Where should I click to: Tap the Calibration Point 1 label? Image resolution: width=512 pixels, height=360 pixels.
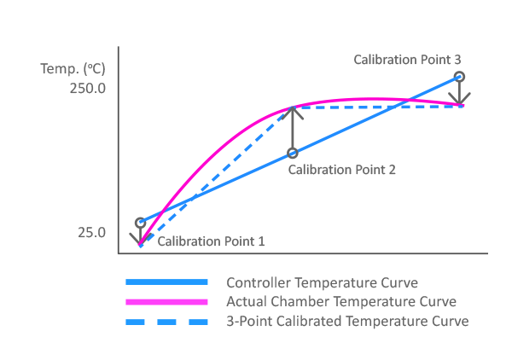coord(212,241)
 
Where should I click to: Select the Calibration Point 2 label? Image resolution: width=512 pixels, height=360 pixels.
coord(341,170)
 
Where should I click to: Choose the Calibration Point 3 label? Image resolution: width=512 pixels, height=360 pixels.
coord(408,61)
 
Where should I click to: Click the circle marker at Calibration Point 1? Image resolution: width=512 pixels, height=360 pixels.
coord(141,223)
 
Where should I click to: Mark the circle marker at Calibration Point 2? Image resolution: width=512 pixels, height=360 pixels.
coord(293,154)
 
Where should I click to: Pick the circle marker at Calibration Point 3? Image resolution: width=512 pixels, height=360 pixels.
coord(459,77)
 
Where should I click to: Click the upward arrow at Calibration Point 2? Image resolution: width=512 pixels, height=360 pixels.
coord(293,128)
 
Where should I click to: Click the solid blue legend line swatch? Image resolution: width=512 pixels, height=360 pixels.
coord(166,282)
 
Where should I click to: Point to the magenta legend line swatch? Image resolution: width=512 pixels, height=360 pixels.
coord(166,302)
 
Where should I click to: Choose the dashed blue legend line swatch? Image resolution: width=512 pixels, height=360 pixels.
coord(166,322)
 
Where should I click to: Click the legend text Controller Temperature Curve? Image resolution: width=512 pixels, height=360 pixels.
coord(322,282)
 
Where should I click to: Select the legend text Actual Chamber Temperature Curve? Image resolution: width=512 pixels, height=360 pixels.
coord(341,302)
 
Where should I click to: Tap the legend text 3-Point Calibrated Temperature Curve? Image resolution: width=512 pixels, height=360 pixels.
coord(347,322)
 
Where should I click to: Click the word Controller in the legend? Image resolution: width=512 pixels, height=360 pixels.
coord(255,282)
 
